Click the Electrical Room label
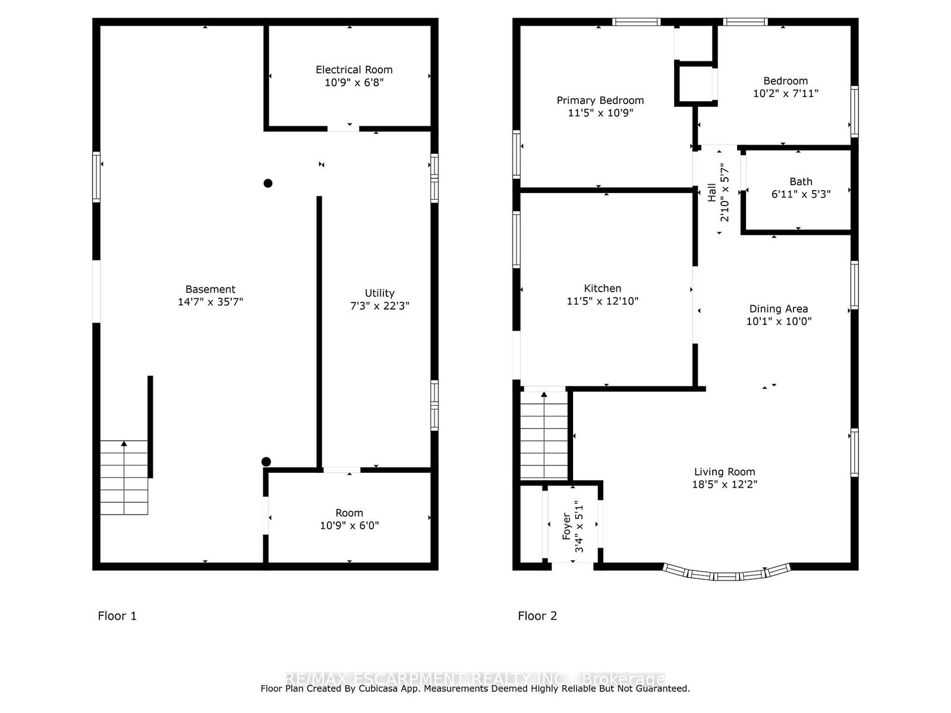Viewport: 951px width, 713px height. (354, 70)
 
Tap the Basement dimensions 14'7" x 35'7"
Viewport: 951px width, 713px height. (210, 302)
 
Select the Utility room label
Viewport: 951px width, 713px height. (379, 293)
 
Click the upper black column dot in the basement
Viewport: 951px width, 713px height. (268, 183)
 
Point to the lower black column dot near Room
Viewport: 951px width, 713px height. (266, 462)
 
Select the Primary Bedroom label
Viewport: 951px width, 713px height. (600, 100)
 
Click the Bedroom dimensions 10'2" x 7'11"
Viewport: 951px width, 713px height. (785, 93)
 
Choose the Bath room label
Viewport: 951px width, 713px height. (800, 182)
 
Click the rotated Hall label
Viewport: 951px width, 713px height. (712, 193)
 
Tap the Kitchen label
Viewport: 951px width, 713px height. (602, 289)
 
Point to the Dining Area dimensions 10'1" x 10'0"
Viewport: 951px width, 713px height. (779, 321)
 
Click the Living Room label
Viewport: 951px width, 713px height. (724, 472)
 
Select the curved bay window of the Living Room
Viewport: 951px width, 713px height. (726, 575)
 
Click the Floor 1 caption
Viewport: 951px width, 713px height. (117, 616)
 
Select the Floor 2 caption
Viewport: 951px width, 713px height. (537, 616)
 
